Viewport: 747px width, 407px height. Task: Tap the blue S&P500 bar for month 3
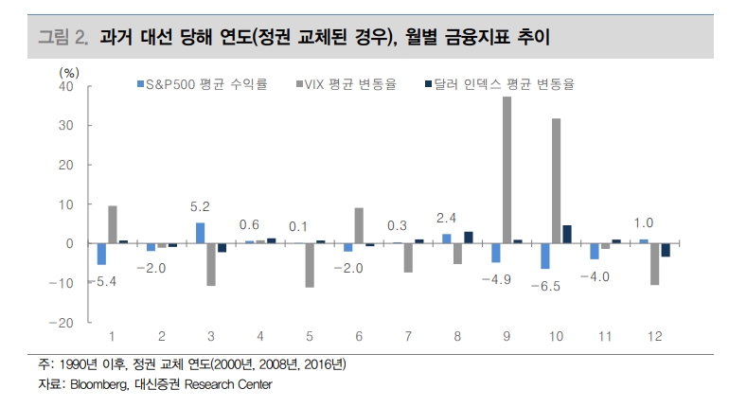pyautogui.click(x=200, y=233)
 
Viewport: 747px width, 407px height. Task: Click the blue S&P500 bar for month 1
pyautogui.click(x=101, y=254)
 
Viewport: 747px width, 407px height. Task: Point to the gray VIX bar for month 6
pyautogui.click(x=359, y=225)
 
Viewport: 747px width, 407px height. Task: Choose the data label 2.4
pyautogui.click(x=446, y=216)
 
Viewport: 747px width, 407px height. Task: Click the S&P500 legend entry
pyautogui.click(x=203, y=84)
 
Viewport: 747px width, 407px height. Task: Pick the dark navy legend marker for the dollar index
pyautogui.click(x=428, y=84)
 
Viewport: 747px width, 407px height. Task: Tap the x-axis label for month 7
pyautogui.click(x=408, y=338)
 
